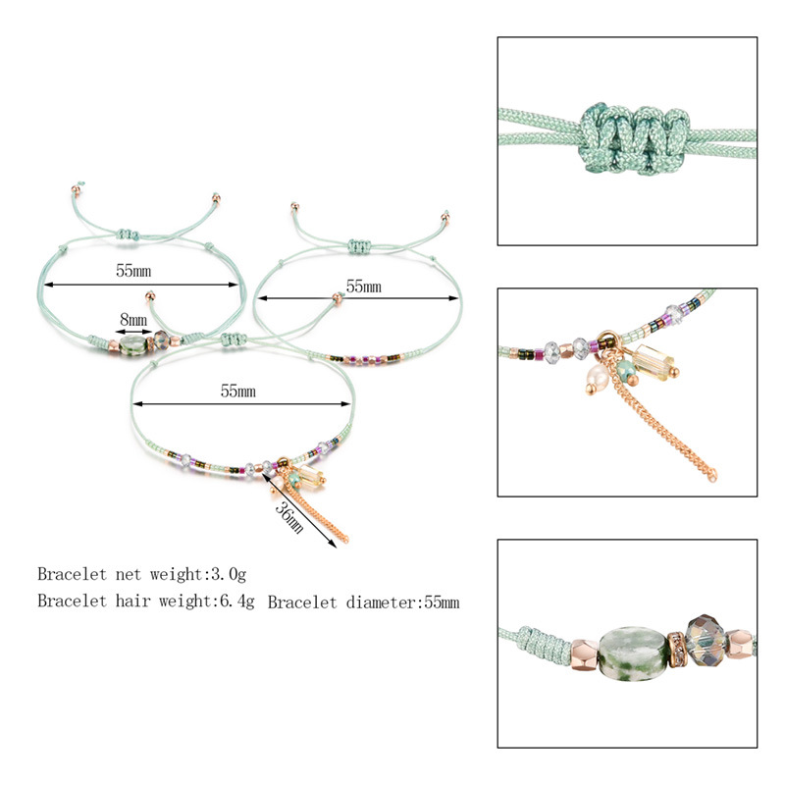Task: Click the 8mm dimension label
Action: [133, 320]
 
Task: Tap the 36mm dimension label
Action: [288, 518]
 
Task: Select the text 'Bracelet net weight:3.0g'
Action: [141, 574]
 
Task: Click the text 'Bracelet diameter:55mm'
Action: [363, 602]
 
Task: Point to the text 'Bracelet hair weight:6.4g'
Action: [145, 601]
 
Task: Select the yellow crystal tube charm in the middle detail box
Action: [654, 363]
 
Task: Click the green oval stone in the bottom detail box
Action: [633, 653]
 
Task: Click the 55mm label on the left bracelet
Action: [133, 271]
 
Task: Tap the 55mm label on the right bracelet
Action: [363, 287]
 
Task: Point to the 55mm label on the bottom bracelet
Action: [237, 391]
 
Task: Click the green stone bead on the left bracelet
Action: [132, 345]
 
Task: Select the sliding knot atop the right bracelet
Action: [358, 246]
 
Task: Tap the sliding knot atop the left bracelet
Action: [129, 235]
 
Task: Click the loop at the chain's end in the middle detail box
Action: [712, 475]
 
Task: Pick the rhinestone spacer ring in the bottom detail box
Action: [676, 650]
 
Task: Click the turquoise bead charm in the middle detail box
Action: [626, 371]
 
